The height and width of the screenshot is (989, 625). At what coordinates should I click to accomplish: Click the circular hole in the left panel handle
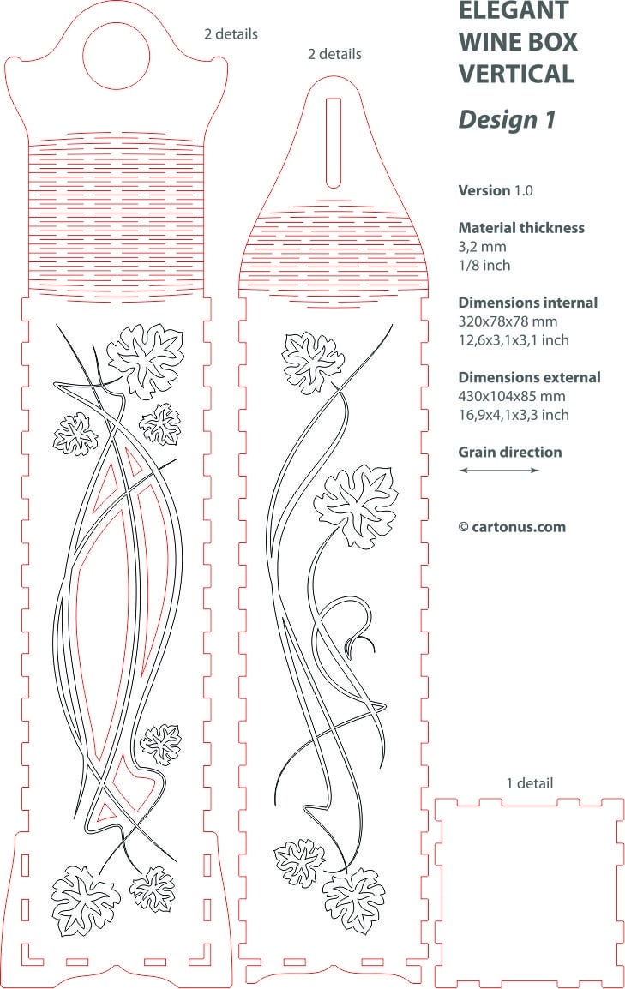point(117,56)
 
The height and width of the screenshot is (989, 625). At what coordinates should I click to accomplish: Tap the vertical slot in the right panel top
point(333,142)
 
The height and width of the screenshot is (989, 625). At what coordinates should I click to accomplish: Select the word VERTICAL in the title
point(516,73)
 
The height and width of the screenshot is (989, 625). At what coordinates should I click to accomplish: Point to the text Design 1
point(507,119)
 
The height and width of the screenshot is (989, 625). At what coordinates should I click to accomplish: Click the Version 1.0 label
point(496,190)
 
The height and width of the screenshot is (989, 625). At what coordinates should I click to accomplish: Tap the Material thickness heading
point(521,228)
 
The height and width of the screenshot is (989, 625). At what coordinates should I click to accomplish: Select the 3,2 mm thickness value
point(483,247)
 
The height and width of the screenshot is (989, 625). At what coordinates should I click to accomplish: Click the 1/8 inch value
point(484,265)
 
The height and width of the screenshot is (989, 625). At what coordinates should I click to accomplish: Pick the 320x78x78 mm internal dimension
point(508,321)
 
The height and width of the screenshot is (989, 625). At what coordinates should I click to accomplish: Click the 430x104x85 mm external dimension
point(512,396)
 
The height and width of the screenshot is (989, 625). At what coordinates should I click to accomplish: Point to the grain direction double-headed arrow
point(499,470)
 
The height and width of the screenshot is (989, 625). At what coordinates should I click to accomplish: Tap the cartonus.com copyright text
point(512,527)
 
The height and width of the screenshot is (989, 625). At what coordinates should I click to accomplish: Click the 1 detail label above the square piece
point(530,783)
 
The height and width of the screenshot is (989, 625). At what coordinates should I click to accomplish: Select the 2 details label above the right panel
point(335,54)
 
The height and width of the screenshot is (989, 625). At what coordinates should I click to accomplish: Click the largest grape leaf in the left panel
point(147,360)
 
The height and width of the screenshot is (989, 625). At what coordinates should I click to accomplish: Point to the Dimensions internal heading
point(528,303)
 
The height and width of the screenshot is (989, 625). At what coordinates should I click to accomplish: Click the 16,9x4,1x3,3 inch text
point(514,415)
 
